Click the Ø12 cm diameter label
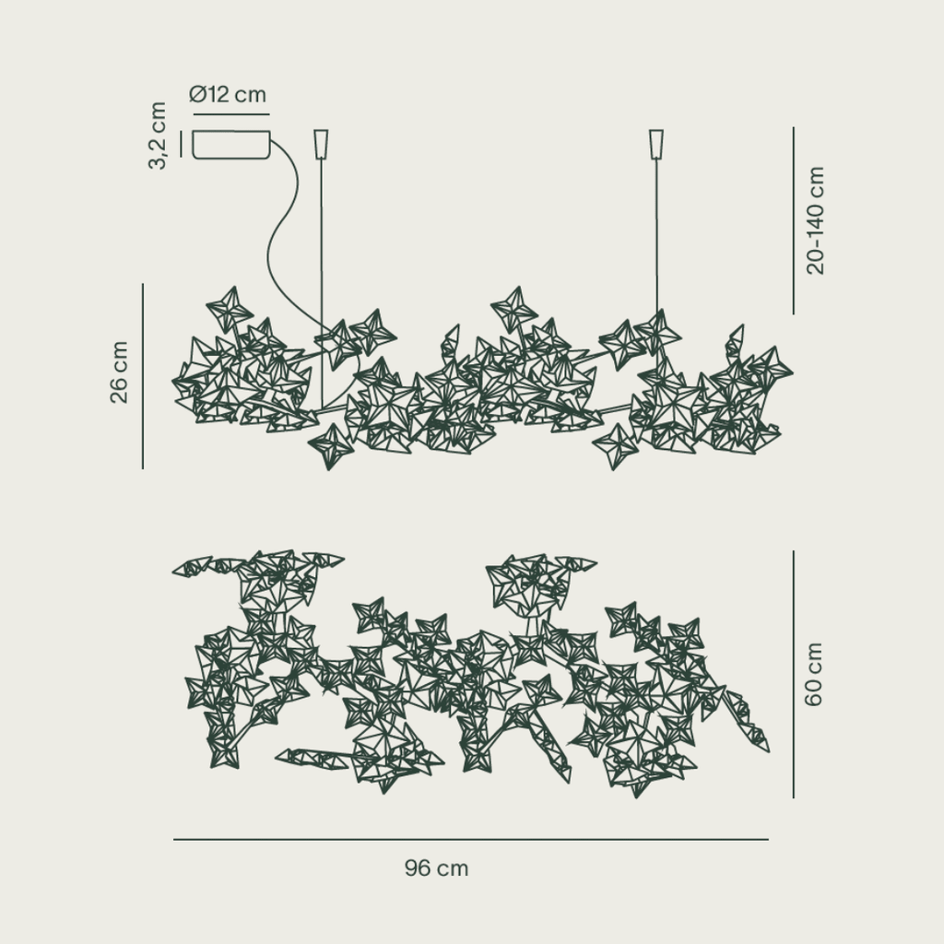tap(228, 94)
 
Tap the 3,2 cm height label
tap(157, 136)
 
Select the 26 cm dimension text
tap(119, 372)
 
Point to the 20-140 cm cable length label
tap(815, 221)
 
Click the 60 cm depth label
tap(813, 674)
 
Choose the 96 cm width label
tap(436, 868)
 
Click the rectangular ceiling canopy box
tap(231, 145)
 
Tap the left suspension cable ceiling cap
tap(322, 144)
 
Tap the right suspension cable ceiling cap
tap(656, 144)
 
